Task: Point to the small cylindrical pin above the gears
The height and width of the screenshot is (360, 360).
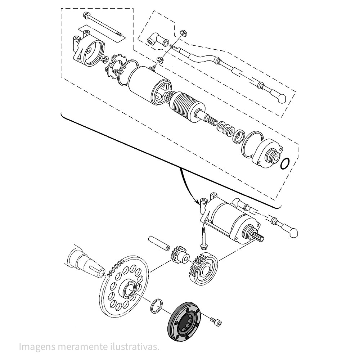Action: pos(159,243)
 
